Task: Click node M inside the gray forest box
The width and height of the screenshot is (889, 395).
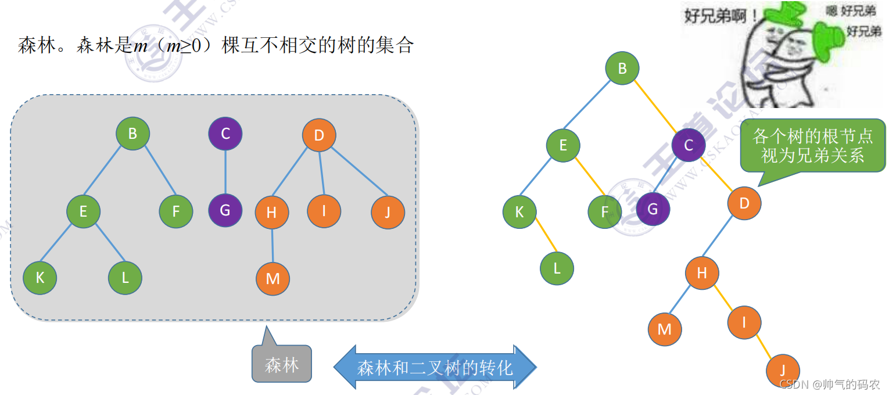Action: tap(273, 279)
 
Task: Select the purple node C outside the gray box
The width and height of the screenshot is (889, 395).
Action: tap(689, 145)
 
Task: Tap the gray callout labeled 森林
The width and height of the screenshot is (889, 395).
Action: tap(282, 365)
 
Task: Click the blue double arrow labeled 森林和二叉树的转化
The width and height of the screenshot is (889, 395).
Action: tap(435, 367)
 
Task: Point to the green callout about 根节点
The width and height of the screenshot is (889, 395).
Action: tap(812, 146)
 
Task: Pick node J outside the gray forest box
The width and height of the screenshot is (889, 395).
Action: tap(783, 370)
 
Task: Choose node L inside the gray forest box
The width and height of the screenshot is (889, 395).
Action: tap(125, 278)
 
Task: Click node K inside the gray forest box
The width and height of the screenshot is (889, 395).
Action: tap(40, 278)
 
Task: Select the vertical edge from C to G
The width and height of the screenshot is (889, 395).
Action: tap(225, 171)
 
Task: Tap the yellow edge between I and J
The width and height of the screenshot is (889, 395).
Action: tap(763, 346)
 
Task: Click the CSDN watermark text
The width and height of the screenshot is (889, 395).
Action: tap(829, 384)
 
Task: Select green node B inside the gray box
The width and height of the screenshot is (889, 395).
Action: tap(132, 134)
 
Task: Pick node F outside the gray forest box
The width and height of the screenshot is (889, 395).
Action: tap(604, 212)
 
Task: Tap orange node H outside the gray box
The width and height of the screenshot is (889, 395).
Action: tap(701, 272)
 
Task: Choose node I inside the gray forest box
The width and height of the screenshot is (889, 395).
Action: tap(324, 210)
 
